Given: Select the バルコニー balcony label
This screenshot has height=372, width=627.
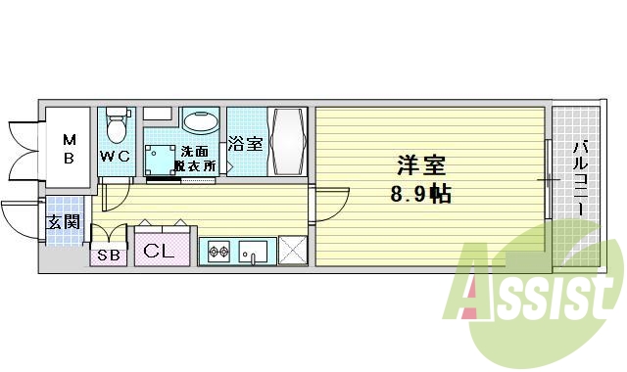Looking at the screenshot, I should click(578, 181).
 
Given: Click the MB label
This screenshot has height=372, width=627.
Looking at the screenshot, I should click(70, 148).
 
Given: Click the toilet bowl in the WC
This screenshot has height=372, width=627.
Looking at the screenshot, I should click(117, 126).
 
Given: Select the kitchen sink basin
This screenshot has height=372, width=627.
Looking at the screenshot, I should click(255, 253).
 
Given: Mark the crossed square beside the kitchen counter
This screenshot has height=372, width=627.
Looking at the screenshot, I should click(292, 251).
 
